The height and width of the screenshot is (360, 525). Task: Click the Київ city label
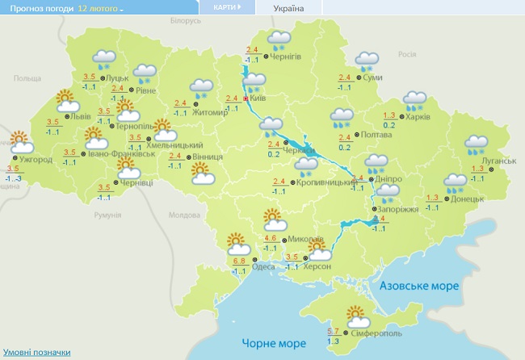coord(258,98)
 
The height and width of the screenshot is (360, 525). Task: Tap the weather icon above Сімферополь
coord(356,315)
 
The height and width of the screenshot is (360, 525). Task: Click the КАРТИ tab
coord(226,7)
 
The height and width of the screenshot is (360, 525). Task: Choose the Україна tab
coord(289,8)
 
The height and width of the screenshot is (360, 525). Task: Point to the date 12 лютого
coord(99,8)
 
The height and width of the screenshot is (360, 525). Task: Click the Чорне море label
coord(268,343)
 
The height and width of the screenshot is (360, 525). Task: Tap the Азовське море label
coord(419,286)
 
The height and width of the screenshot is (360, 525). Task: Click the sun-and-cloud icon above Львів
coord(65,102)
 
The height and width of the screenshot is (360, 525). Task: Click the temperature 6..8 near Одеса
coord(239,261)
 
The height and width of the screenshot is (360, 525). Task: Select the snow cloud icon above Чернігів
coord(279,40)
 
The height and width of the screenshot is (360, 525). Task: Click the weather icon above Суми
coord(367,61)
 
